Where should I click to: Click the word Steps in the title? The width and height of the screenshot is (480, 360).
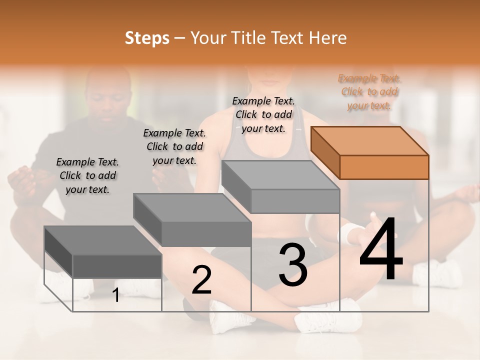147,38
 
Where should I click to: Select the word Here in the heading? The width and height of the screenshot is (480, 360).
327,38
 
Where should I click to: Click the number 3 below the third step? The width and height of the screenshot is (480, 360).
293,264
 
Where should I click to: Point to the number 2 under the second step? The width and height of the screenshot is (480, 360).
201,280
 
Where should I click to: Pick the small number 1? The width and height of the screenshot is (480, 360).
115,295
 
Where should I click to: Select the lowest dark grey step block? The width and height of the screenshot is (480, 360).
102,252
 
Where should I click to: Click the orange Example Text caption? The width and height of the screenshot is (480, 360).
369,92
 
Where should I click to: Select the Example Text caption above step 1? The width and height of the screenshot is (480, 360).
87,176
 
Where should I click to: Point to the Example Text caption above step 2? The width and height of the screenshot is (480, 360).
174,146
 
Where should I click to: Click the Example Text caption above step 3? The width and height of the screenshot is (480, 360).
263,114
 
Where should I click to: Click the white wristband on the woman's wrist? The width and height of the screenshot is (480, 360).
350,232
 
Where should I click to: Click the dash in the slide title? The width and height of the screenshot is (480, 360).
180,38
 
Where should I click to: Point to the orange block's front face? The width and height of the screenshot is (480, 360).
384,167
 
